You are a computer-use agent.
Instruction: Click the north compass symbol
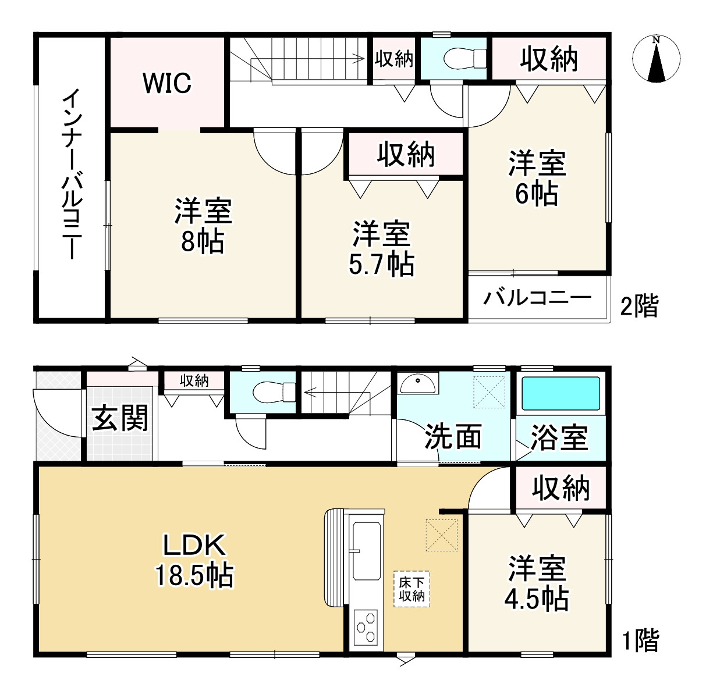656,59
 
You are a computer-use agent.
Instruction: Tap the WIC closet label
167,83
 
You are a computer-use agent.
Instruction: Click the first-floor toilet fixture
272,391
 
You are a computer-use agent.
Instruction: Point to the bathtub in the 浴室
561,394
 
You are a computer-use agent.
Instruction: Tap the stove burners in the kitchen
365,629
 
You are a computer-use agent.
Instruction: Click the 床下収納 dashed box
412,589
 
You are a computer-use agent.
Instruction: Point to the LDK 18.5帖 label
194,560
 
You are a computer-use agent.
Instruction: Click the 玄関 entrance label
120,418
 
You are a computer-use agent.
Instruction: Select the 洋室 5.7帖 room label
381,249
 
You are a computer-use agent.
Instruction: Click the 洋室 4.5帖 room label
537,583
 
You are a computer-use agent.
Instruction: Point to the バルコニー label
537,298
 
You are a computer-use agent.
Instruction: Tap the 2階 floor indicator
638,306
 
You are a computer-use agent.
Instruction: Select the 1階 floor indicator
640,641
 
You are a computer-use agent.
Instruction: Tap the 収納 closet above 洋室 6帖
549,59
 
